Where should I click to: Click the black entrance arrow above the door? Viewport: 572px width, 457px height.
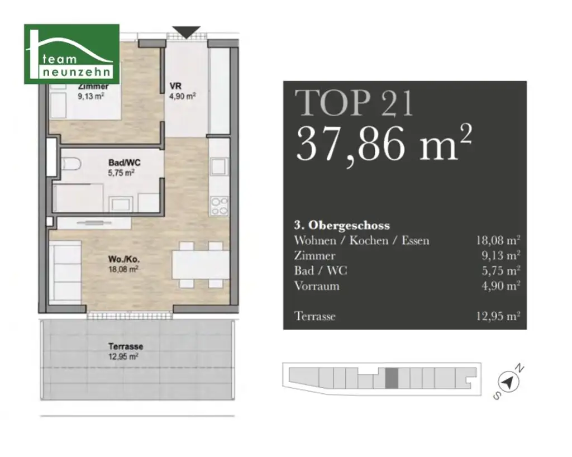coord(186,32)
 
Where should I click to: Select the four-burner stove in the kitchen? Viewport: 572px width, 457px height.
coord(219,206)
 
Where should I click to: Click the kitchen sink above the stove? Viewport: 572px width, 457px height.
coord(219,166)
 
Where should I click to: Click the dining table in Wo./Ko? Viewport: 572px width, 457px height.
coord(201,265)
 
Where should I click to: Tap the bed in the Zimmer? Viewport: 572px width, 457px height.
coord(85,101)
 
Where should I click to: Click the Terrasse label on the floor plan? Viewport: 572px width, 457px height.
coord(126,346)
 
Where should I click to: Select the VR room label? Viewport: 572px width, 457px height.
coord(175,86)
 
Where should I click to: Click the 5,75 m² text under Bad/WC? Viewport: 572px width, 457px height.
coord(121,173)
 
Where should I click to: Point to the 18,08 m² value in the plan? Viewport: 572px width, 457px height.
coord(123,269)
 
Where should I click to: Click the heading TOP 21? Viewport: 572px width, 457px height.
coord(354,103)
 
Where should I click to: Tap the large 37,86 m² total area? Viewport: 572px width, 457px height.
coord(384,143)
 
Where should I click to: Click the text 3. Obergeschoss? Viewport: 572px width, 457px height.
coord(342,225)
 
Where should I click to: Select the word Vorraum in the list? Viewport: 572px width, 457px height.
coord(317,285)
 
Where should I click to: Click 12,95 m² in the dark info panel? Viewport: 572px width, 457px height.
coord(498,316)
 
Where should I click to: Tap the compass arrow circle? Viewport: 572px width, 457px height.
coord(508,383)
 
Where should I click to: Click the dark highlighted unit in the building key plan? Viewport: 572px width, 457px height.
coord(392,378)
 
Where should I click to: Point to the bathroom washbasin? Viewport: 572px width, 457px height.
coord(121,203)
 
